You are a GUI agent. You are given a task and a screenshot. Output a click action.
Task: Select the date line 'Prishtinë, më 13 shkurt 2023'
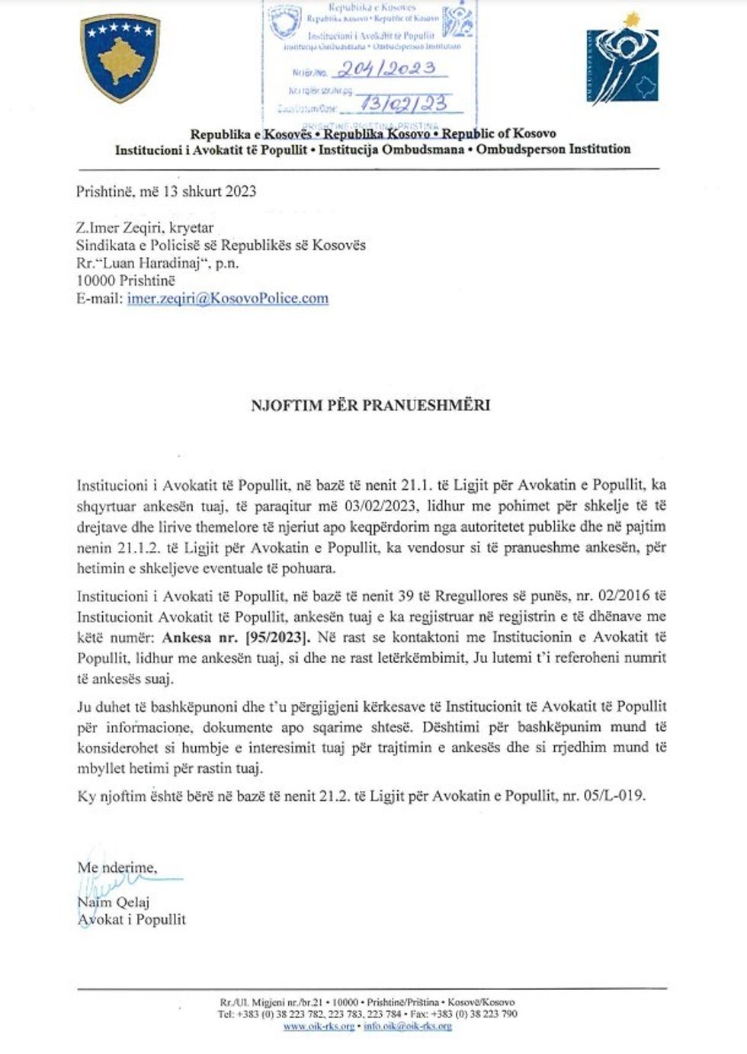[166, 191]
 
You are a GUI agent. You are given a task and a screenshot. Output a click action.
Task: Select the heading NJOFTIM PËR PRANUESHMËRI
[371, 405]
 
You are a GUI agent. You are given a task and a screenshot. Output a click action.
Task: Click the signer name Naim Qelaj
[113, 903]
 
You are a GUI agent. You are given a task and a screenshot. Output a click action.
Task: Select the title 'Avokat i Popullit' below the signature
[131, 920]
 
